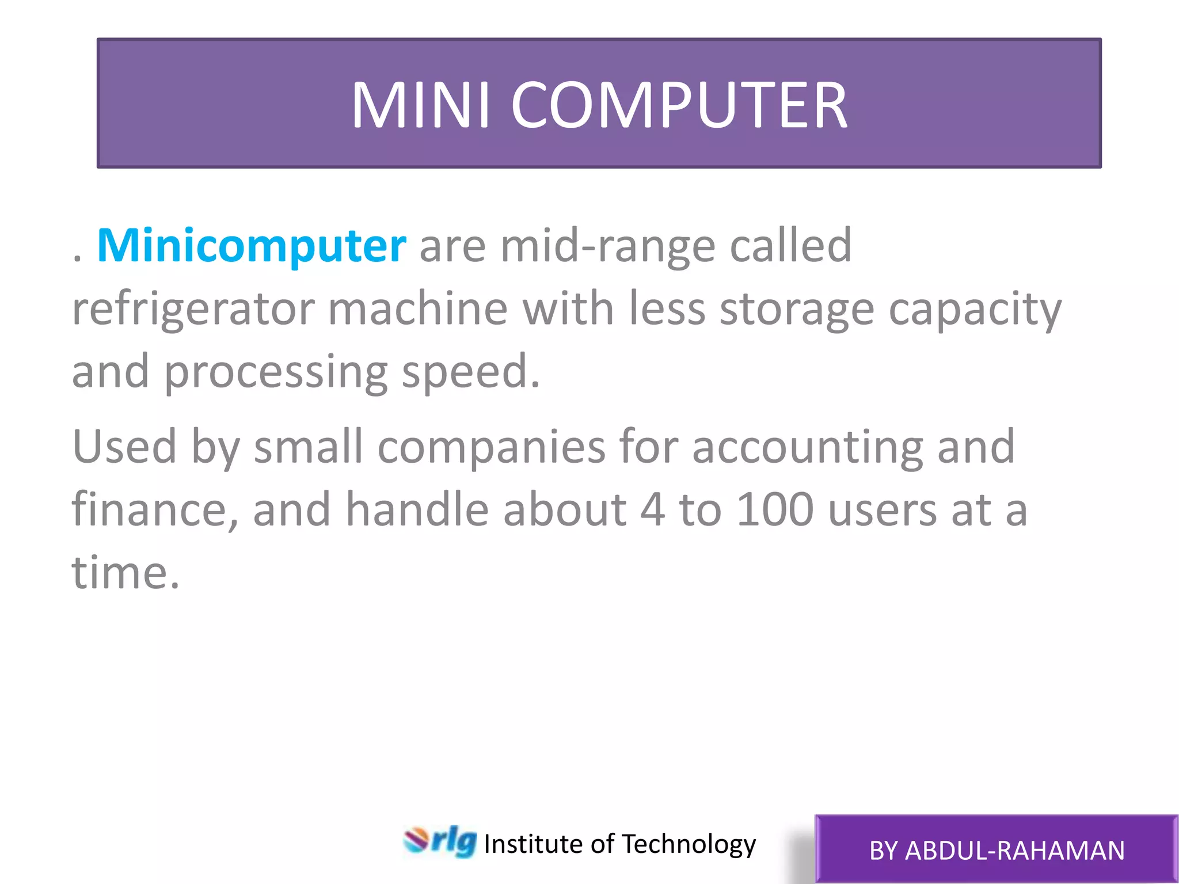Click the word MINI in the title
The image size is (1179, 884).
[x=421, y=105]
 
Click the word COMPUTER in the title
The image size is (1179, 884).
[x=679, y=105]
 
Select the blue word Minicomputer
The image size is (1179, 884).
[x=252, y=246]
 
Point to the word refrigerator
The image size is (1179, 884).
[x=193, y=309]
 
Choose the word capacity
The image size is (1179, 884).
[x=975, y=309]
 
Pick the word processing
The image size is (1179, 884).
[x=276, y=372]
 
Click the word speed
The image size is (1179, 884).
[x=470, y=372]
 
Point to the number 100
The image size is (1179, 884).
[x=775, y=510]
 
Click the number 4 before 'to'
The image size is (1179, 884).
[x=653, y=510]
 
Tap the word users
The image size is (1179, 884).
[x=883, y=510]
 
